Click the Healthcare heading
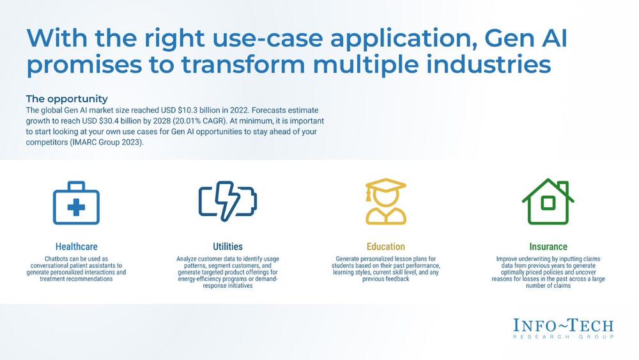pos(76,247)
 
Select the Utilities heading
pos(227,247)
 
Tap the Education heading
pos(385,247)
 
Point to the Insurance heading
pos(548,247)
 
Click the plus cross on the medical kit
pos(76,208)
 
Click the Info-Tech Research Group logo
pos(563,329)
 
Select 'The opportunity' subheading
pos(67,98)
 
